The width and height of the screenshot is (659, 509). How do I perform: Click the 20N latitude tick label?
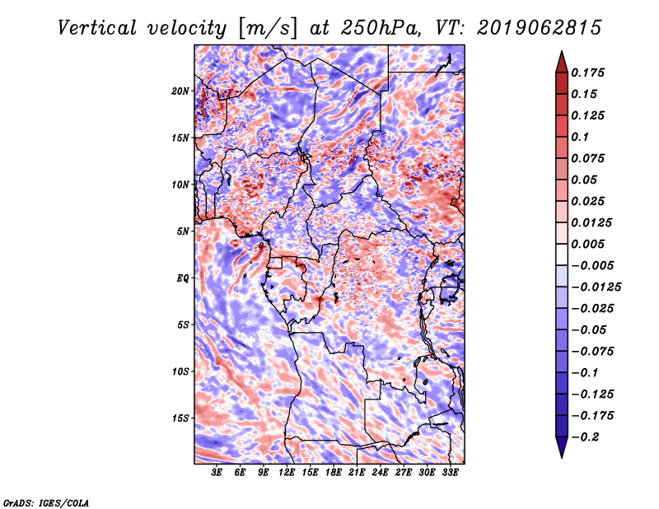click(x=180, y=91)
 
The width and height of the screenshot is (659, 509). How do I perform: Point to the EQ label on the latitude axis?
click(x=182, y=278)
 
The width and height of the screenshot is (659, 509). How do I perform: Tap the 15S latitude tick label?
click(x=180, y=418)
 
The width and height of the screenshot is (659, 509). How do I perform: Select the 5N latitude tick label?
click(x=182, y=231)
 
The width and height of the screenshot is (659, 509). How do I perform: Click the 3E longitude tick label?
click(x=217, y=473)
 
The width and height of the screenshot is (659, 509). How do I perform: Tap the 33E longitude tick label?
click(x=450, y=473)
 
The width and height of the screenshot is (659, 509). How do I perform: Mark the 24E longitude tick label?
click(x=380, y=473)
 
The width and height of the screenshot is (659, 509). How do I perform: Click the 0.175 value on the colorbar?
click(x=588, y=72)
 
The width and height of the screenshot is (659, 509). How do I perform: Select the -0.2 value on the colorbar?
click(x=586, y=437)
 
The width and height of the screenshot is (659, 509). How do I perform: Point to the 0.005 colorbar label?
click(x=588, y=244)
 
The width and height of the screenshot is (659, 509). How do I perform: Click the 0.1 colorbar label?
click(x=580, y=137)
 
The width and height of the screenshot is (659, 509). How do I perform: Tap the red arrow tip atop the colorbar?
click(x=562, y=51)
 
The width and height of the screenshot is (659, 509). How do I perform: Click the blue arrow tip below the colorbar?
click(x=562, y=457)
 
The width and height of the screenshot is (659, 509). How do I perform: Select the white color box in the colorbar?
click(x=562, y=254)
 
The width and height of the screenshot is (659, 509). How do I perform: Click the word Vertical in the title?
click(x=97, y=28)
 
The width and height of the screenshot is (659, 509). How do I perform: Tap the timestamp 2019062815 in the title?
click(x=540, y=28)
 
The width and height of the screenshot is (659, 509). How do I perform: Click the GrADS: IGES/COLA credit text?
click(x=46, y=502)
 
